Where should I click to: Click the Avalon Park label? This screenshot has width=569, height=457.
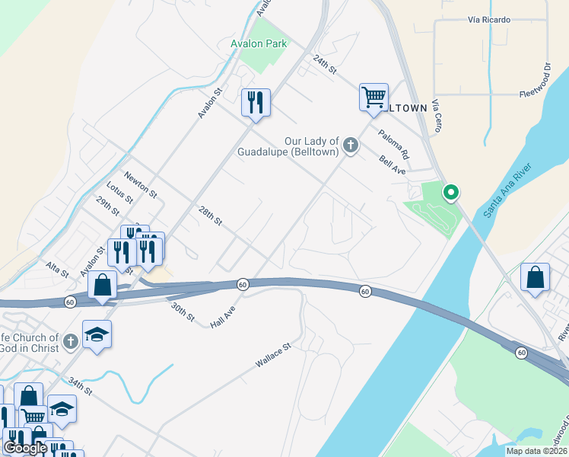point(259,43)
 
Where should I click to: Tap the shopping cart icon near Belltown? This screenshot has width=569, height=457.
point(374,97)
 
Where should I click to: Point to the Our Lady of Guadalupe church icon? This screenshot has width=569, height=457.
point(350,145)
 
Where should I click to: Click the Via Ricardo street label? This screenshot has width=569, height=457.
point(489,19)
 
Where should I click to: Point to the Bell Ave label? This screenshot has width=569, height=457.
point(393,165)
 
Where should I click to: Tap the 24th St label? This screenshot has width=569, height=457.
point(325,65)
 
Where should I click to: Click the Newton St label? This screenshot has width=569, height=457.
point(141,183)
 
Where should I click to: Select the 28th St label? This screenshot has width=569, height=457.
point(210,216)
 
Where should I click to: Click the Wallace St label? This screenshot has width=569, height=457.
point(273,356)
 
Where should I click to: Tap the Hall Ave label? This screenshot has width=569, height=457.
point(224,318)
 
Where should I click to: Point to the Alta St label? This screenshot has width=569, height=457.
point(57,268)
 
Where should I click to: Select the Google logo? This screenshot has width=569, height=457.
point(25,448)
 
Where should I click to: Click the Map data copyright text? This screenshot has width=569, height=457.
point(536,451)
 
